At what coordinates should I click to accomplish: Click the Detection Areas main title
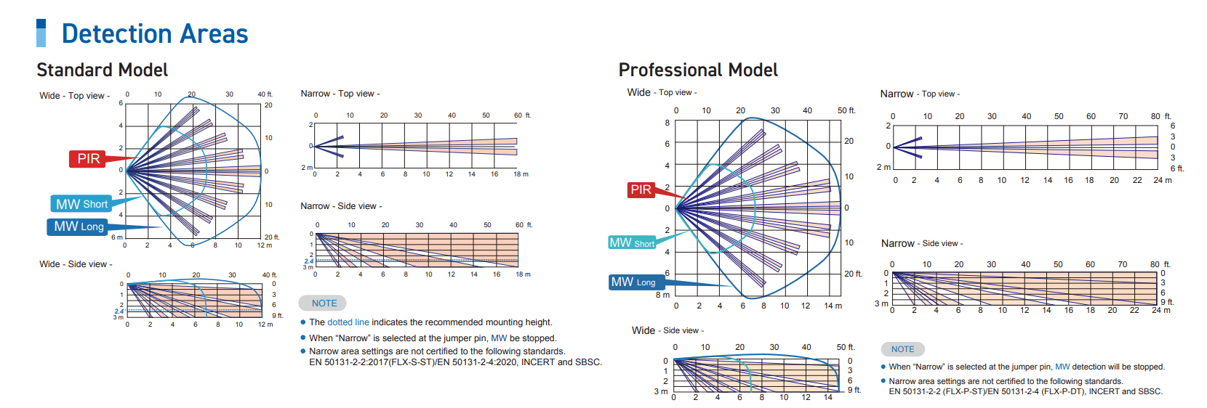point(155,33)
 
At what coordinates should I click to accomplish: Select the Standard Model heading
point(103,70)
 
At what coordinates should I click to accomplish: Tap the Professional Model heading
point(698,70)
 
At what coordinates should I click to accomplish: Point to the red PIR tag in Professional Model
point(641,189)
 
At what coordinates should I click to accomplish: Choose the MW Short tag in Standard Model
point(81,204)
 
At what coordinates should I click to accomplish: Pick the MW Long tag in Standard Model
point(78,227)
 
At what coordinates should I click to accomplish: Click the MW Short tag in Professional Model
point(632,242)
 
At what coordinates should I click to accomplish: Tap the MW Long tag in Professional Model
point(633,282)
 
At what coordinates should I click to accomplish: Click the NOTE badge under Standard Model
point(324,303)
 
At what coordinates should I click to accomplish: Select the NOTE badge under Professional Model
point(902,348)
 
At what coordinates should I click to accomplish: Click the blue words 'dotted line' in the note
point(348,322)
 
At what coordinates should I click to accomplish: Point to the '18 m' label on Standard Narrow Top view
point(521,174)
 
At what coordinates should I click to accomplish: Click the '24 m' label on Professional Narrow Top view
point(1162,180)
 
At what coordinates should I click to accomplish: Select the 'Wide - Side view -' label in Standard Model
point(76,264)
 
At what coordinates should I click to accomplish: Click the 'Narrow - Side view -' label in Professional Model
point(921,243)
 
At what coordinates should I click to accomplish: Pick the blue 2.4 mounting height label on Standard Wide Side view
point(119,311)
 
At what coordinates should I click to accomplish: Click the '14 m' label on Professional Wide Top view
point(833,306)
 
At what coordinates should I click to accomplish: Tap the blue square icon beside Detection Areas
point(41,33)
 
